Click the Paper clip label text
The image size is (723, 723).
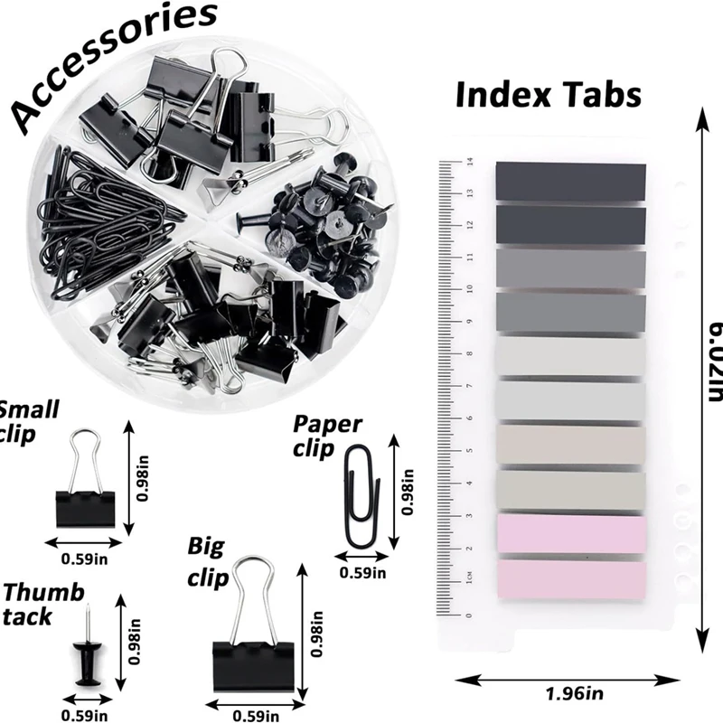(x=327, y=435)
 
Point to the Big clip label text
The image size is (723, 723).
(x=208, y=561)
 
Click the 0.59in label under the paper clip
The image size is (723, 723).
(x=362, y=572)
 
